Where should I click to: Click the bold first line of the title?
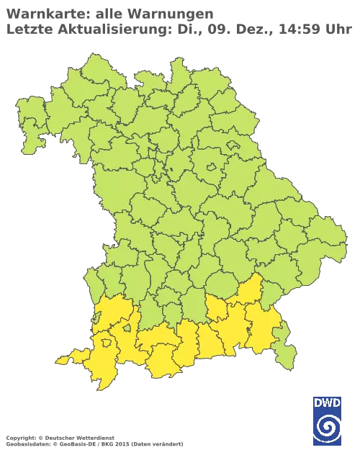[x=108, y=13]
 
